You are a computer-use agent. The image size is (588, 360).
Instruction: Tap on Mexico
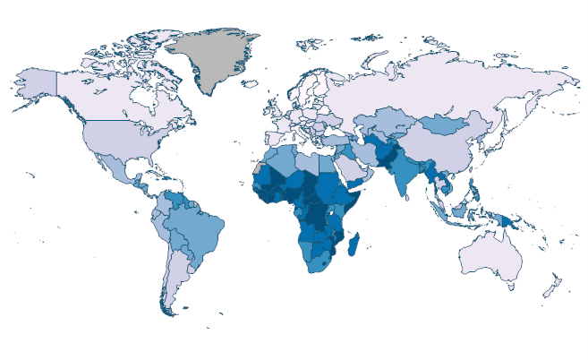(x=111, y=174)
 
